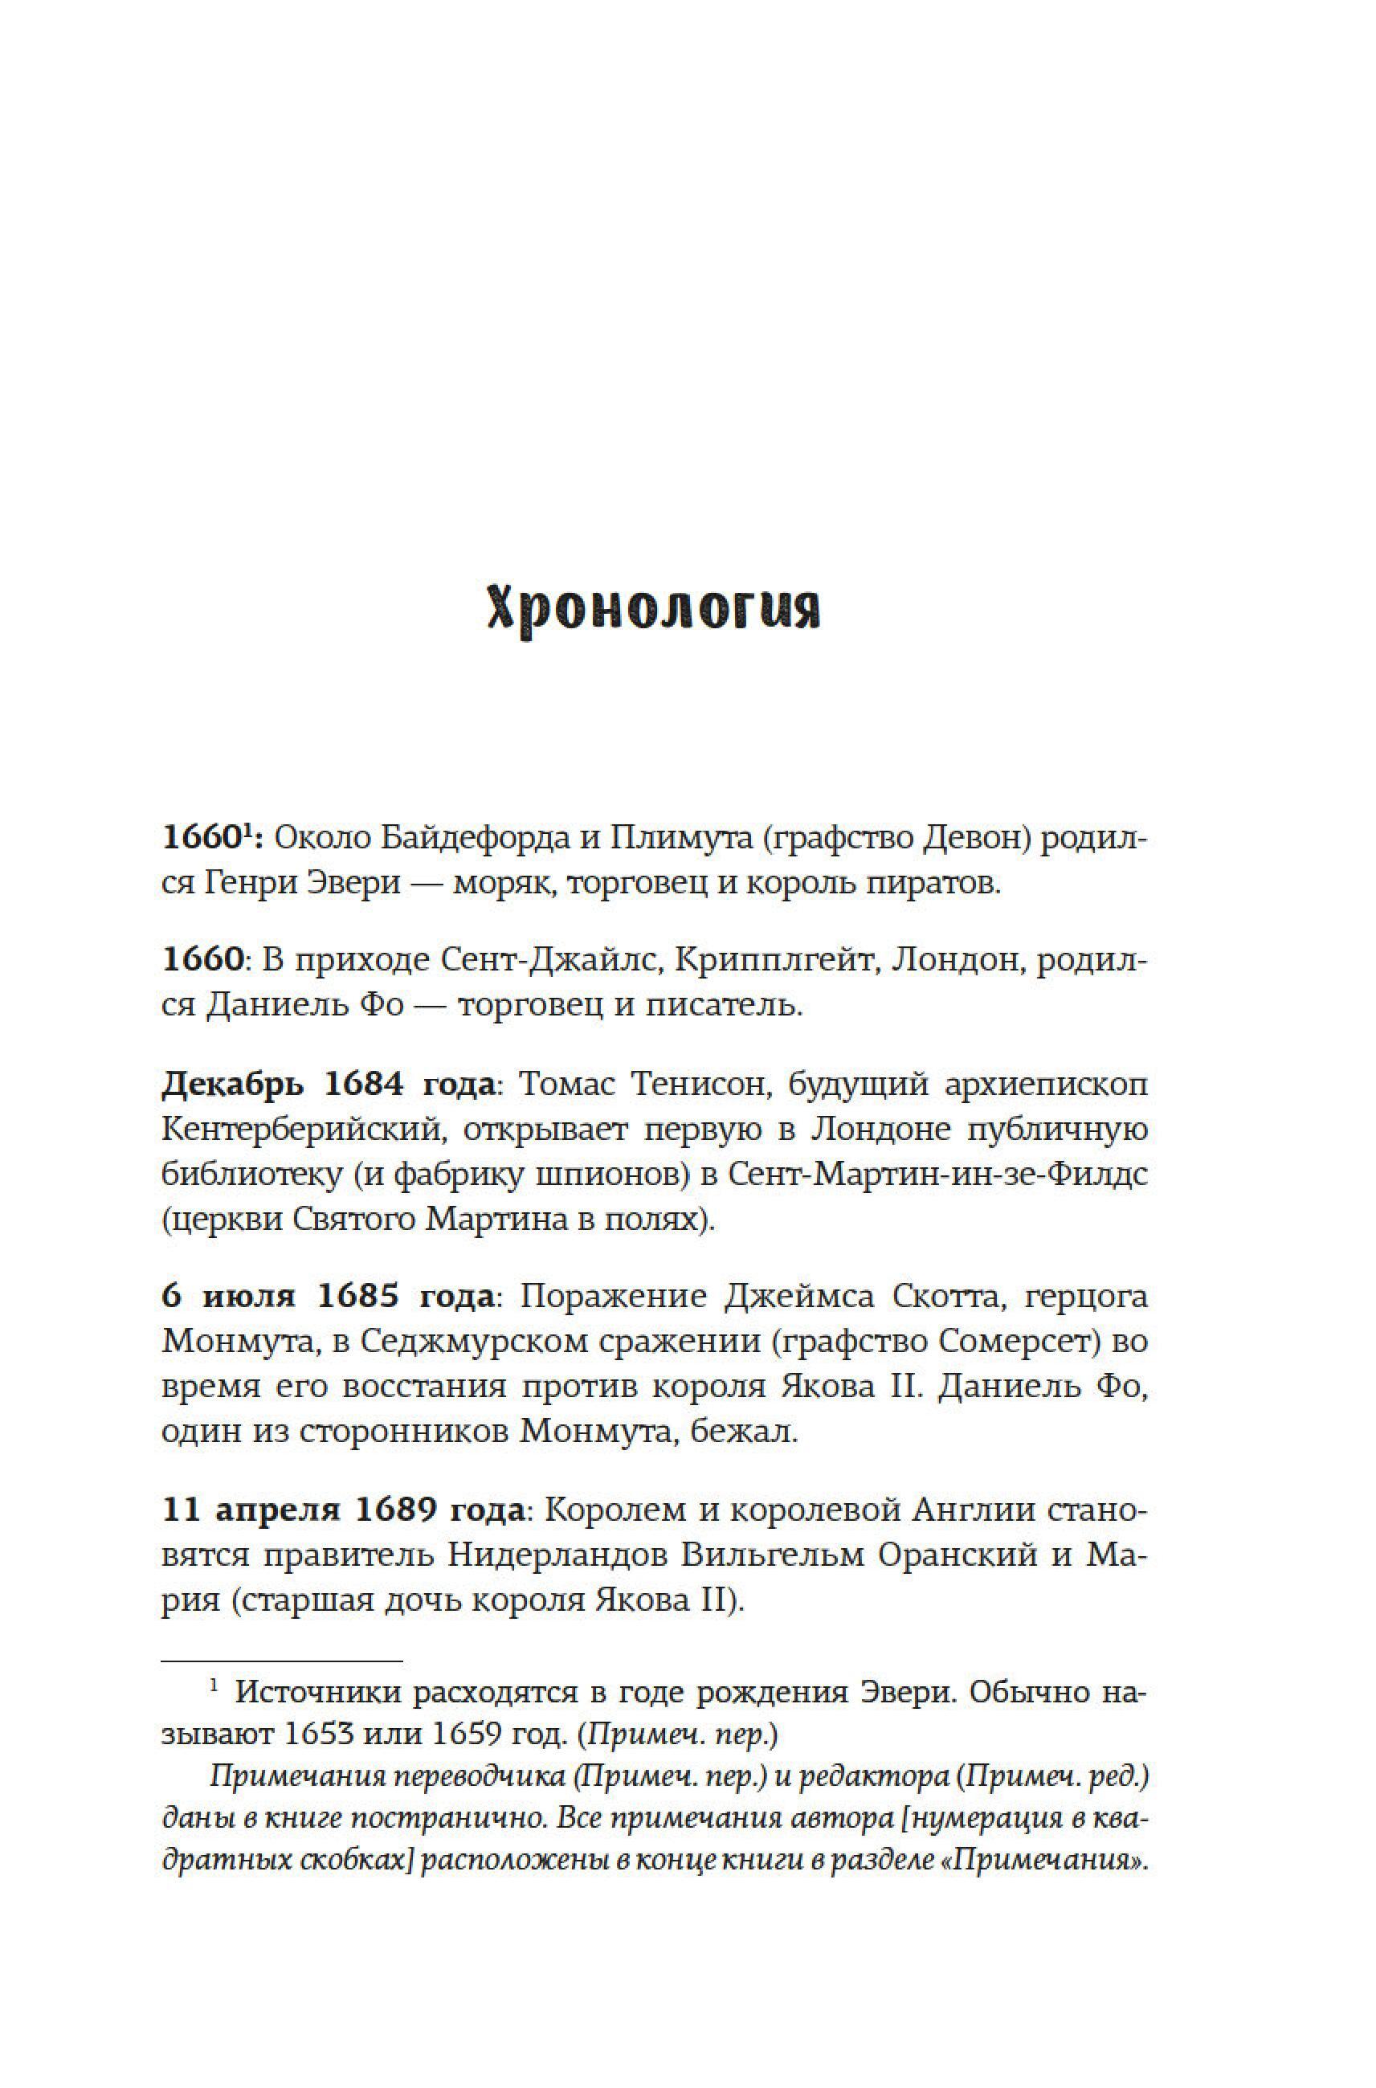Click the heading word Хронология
(x=653, y=607)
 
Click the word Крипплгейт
(x=751, y=961)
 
